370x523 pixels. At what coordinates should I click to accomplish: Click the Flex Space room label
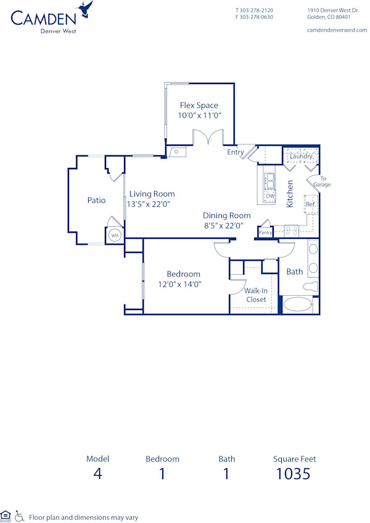[199, 106]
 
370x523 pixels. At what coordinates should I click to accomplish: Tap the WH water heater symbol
[114, 235]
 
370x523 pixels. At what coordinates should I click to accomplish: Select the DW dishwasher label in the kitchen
[270, 196]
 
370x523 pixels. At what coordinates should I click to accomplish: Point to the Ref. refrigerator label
[310, 204]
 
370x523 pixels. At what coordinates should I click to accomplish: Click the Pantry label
[265, 233]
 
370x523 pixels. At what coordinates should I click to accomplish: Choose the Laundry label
[301, 156]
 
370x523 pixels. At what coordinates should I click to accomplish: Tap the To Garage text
[322, 182]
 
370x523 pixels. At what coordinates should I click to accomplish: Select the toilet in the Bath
[311, 287]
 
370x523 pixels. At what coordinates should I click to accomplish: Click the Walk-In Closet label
[256, 295]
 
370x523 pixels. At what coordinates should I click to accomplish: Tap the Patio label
[96, 200]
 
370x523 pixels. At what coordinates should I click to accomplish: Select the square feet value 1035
[293, 474]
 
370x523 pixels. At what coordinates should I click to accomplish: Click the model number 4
[97, 474]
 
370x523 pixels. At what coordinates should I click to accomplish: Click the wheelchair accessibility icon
[19, 515]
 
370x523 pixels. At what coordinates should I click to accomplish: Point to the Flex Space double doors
[207, 137]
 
